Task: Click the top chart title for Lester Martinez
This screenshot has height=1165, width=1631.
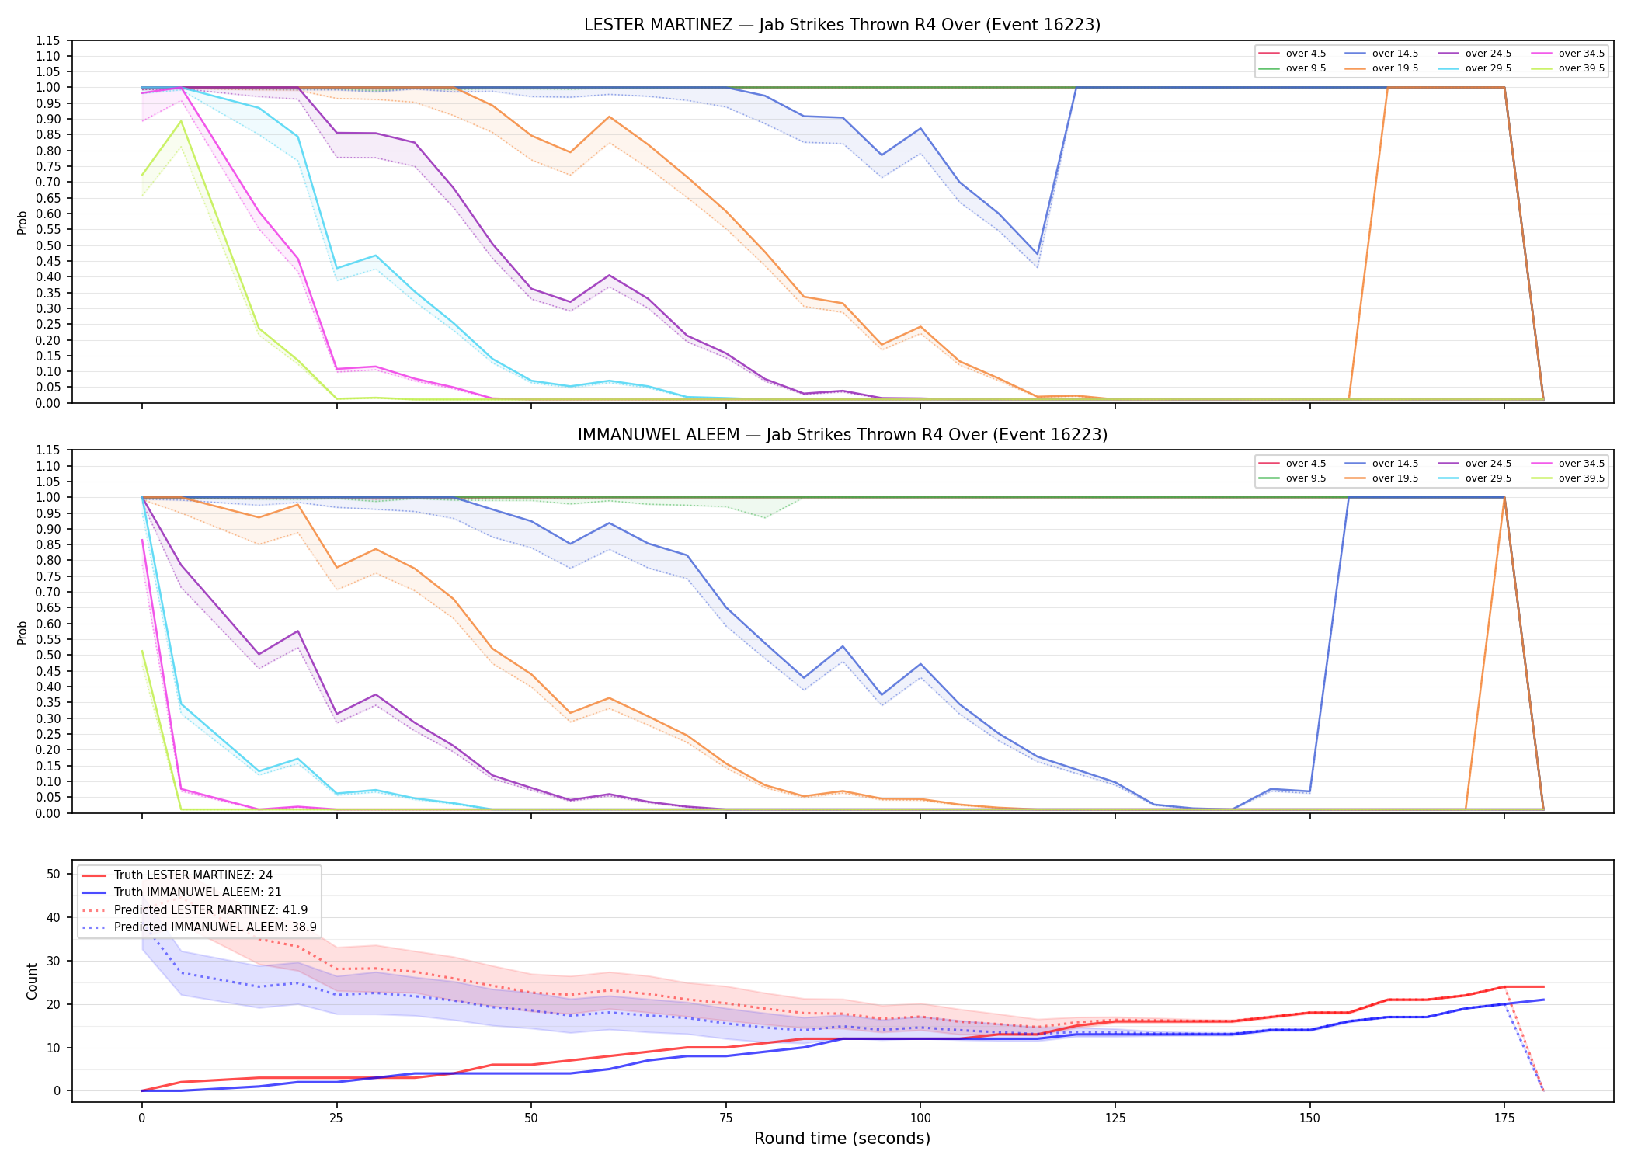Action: [842, 25]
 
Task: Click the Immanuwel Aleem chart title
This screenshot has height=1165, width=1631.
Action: [842, 435]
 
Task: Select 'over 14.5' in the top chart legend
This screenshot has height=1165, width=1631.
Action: [1395, 54]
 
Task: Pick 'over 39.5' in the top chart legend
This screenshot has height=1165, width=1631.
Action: [1581, 68]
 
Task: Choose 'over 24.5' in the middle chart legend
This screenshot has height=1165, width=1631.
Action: [1488, 464]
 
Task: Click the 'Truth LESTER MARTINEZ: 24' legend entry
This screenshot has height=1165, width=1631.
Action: [193, 875]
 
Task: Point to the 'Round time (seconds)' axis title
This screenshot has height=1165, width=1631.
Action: [842, 1139]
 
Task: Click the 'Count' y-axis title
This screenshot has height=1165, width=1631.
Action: [32, 982]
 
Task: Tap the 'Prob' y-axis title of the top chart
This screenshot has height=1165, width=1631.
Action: [23, 223]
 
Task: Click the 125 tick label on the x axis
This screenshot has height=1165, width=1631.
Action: [1115, 1118]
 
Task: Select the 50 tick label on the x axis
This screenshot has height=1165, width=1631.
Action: [530, 1118]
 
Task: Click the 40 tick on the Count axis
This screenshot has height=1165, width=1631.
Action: [54, 917]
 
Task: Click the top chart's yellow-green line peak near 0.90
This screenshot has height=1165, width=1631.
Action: [181, 120]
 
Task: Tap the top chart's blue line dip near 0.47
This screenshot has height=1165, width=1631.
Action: [1037, 254]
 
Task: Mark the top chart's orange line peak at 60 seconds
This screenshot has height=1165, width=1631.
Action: [609, 116]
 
